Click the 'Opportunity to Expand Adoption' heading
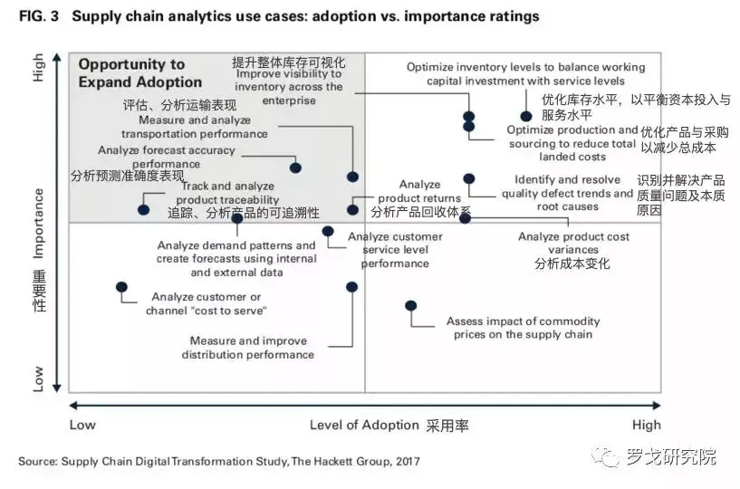(131, 72)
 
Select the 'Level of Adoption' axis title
(364, 425)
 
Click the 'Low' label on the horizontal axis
(82, 425)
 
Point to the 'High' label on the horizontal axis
(647, 425)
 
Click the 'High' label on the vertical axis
(38, 67)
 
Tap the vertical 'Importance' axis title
(38, 221)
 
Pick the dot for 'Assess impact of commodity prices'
(410, 306)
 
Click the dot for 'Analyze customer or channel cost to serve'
(121, 287)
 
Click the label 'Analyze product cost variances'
(573, 244)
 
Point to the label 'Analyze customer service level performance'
(396, 250)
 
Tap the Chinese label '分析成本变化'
(572, 264)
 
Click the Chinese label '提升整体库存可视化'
(289, 62)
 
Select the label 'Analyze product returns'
(418, 191)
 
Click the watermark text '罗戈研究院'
(670, 456)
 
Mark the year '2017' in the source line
(406, 462)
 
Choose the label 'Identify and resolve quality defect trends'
(568, 193)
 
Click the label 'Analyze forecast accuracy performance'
(166, 157)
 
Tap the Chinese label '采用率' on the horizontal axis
(448, 425)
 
